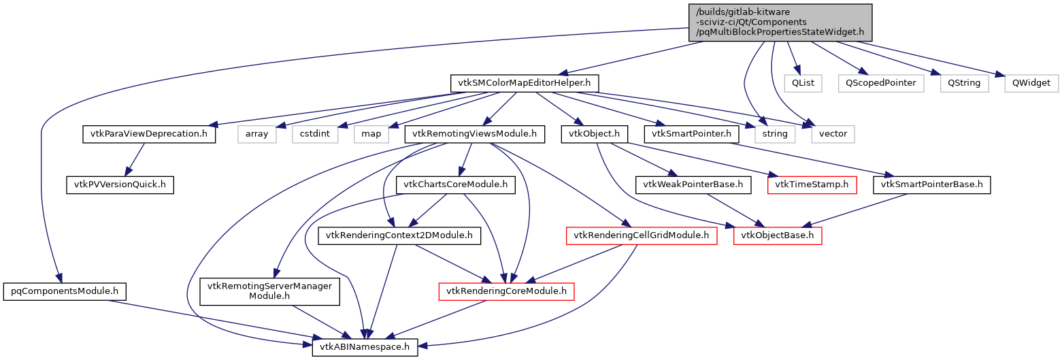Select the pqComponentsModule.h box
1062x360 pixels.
65,291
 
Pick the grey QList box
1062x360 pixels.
802,83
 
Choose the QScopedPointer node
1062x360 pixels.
880,83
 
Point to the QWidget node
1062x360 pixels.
1031,83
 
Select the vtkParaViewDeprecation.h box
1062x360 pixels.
148,133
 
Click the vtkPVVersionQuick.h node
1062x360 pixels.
120,184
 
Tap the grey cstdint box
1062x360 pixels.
315,133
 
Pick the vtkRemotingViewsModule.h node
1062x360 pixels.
474,133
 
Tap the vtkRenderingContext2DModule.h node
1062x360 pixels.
399,235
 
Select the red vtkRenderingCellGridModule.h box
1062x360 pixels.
642,235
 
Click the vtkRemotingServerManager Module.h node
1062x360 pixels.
269,291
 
